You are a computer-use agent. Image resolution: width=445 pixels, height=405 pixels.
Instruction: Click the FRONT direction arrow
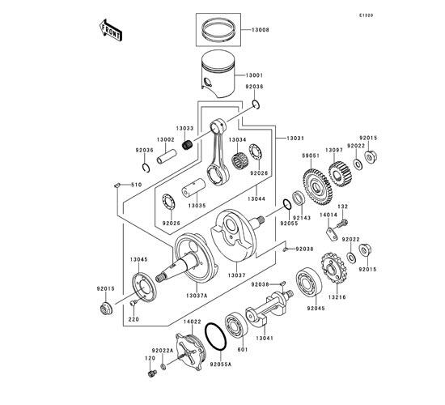(110, 31)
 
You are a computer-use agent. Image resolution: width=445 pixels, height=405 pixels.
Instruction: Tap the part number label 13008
(260, 30)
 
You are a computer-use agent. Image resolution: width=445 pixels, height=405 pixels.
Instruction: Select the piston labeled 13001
(218, 74)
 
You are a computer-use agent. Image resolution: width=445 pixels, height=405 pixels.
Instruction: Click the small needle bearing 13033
(187, 145)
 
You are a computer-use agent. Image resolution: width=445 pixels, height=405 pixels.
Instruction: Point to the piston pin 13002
(167, 157)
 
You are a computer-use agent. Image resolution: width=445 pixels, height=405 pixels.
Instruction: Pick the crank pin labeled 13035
(193, 188)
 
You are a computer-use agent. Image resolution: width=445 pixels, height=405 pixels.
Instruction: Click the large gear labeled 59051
(317, 187)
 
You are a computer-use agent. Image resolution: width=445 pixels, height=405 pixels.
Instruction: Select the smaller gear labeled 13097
(340, 174)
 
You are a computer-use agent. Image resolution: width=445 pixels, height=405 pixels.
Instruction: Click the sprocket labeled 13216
(334, 269)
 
